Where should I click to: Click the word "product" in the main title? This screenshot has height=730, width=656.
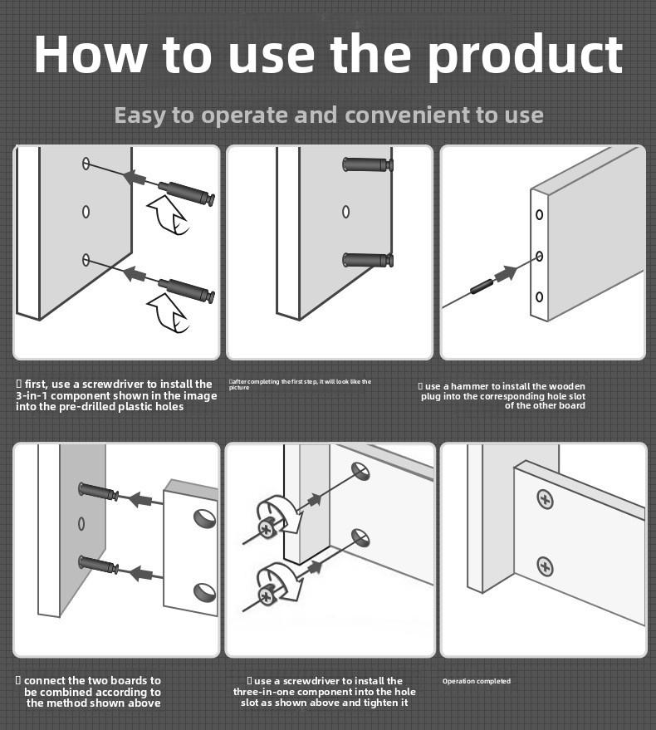coord(525,56)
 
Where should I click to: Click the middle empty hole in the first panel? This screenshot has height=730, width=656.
coord(86,212)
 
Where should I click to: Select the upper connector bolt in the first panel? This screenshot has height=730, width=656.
coord(186,194)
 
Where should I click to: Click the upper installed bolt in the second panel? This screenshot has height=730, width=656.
coord(368,164)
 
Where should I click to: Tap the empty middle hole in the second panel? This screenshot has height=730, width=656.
coord(345,212)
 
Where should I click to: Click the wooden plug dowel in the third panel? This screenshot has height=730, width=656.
coord(481,286)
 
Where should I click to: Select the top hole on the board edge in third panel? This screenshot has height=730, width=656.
coord(539,214)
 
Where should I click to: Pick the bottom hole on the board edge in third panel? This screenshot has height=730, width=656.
coord(539,296)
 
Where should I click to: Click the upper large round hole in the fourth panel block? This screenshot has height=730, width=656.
coord(205,518)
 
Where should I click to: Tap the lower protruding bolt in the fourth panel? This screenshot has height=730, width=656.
coord(98,564)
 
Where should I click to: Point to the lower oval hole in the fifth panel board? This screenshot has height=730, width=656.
coord(361,538)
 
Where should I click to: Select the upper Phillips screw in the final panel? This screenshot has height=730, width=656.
coord(546,499)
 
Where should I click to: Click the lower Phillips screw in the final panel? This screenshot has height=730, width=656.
coord(546,566)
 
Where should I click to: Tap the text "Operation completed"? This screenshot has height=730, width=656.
coord(477,681)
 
